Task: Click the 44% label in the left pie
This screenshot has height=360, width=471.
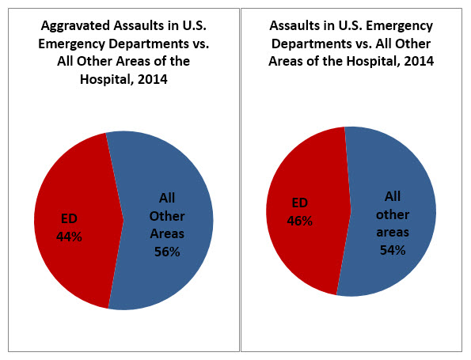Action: [x=69, y=237]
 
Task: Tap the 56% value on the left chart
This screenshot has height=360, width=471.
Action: [x=167, y=252]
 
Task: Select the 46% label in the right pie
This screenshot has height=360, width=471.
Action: [x=299, y=221]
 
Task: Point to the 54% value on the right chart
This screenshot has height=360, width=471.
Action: [x=393, y=250]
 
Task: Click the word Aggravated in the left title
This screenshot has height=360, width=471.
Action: [x=75, y=26]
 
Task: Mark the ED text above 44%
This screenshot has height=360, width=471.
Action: [x=69, y=218]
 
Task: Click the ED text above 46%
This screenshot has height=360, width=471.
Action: [x=300, y=203]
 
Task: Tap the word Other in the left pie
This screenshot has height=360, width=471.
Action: [x=167, y=216]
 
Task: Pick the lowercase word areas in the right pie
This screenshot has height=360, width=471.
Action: [x=393, y=233]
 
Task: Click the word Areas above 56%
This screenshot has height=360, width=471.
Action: [x=167, y=234]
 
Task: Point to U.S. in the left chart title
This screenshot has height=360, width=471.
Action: [x=194, y=25]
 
